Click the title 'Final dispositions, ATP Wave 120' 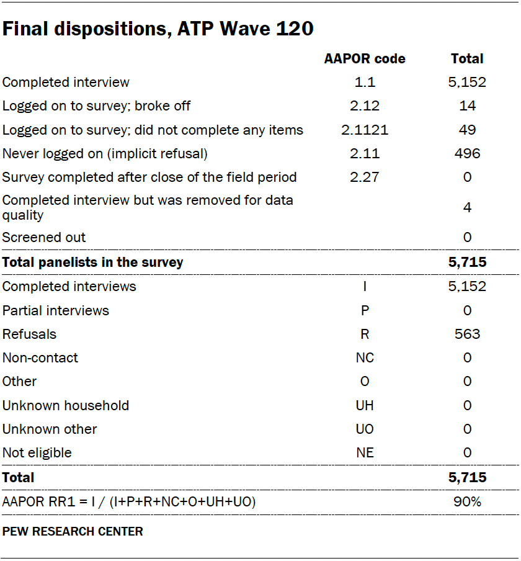click(158, 29)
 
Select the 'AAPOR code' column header click(365, 59)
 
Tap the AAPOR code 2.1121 click(365, 130)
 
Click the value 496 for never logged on click(467, 153)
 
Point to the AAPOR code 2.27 click(365, 177)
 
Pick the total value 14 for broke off click(467, 106)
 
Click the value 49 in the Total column click(467, 130)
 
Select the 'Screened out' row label click(44, 237)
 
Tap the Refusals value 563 click(467, 334)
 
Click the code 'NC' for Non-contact click(365, 358)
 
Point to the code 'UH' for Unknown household click(365, 405)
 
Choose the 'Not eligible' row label click(37, 452)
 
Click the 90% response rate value click(467, 501)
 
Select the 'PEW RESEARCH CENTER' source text click(73, 532)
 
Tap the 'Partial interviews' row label click(56, 310)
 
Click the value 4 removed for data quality click(467, 207)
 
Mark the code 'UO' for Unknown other click(365, 429)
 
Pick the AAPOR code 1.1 click(365, 82)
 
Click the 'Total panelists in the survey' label click(93, 262)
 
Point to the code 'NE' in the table click(365, 452)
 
